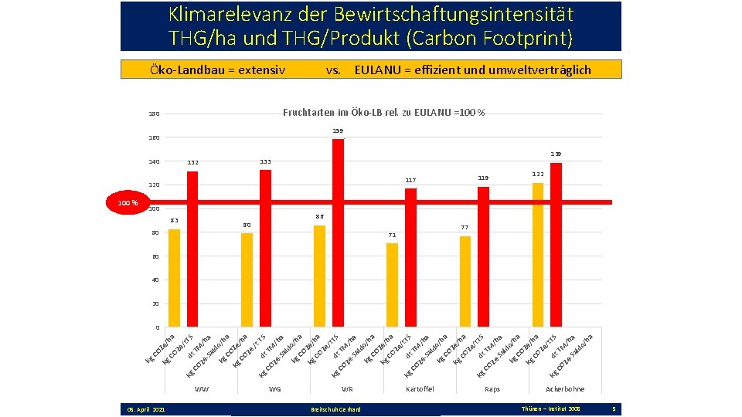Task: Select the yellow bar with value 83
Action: pos(174,278)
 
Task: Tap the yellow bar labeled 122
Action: pos(538,255)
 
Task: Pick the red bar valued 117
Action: pos(410,258)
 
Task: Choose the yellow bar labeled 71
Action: pos(392,285)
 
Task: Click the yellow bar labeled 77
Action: pos(465,282)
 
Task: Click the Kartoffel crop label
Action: pos(420,389)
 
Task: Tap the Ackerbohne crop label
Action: pos(565,389)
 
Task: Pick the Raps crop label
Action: pos(492,389)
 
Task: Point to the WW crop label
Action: pos(202,389)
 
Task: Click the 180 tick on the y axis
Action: pos(154,115)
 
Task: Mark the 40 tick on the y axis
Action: pos(155,280)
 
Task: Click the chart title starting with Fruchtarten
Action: pos(383,113)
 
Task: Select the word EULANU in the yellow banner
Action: pos(377,70)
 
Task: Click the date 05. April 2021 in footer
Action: pos(146,409)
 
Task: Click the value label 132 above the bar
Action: pos(193,163)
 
